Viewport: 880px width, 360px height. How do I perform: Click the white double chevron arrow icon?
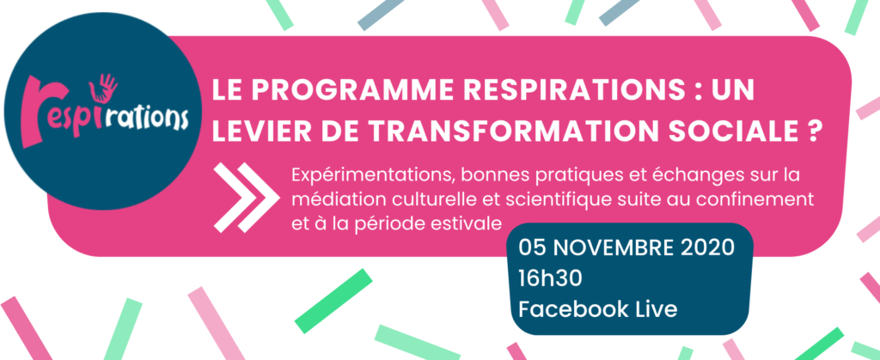pos(246,198)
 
